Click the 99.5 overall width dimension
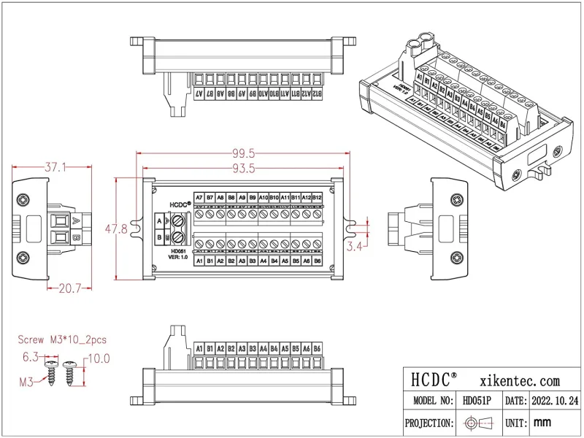[244, 153]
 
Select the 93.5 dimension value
[244, 169]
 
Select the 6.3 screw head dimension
[31, 357]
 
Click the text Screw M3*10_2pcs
[62, 340]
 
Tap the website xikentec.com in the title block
[520, 380]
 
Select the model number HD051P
[477, 401]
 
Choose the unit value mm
[542, 423]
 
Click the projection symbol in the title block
[477, 423]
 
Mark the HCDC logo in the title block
[434, 380]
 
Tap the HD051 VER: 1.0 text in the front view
[177, 254]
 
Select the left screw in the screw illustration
[53, 370]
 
